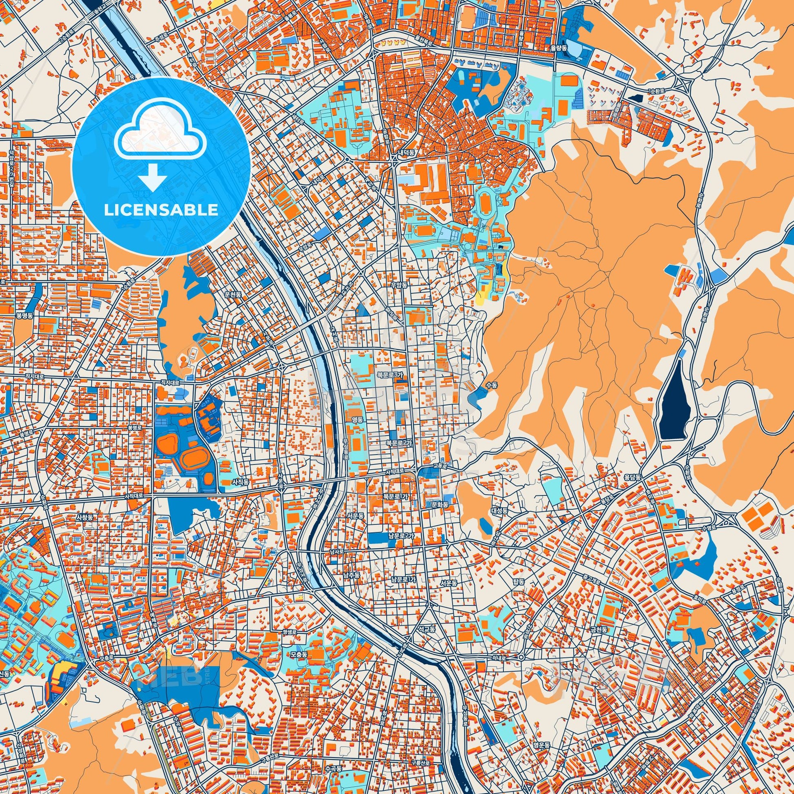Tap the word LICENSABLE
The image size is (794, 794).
161,210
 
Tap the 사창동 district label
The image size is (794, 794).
84,517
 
